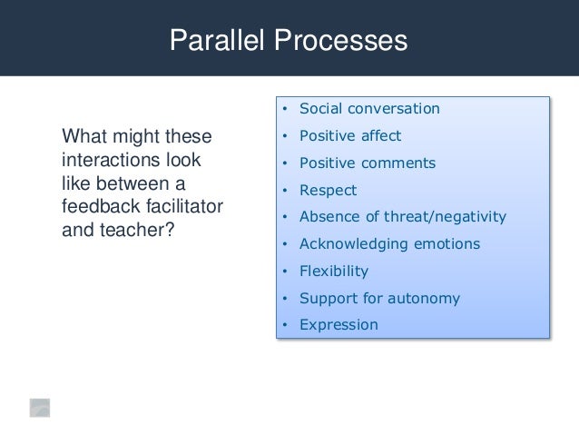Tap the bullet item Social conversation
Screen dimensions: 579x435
369,109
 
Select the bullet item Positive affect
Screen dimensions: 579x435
350,136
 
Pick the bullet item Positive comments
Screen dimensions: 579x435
368,163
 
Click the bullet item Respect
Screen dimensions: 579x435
328,191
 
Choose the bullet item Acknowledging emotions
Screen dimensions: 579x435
389,244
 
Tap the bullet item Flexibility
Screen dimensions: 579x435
334,271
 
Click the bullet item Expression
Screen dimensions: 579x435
339,324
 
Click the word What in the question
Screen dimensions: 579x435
81,138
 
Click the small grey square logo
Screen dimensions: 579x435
39,407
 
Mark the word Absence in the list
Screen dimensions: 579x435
328,217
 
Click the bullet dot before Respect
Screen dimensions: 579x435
285,191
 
